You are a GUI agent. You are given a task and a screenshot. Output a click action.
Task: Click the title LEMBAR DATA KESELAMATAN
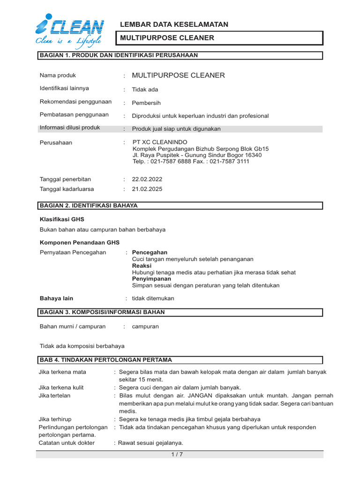click(x=174, y=24)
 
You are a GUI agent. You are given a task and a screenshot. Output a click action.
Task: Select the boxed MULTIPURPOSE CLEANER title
click(x=167, y=38)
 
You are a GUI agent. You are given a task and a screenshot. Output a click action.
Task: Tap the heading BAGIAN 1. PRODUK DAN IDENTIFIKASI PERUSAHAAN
click(x=119, y=55)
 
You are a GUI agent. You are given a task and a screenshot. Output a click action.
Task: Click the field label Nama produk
click(x=58, y=75)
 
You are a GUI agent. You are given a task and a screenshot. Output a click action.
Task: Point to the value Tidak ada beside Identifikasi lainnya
click(x=145, y=90)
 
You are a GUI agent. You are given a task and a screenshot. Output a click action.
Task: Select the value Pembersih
click(x=146, y=103)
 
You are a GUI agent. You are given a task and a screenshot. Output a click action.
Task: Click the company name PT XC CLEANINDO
click(x=160, y=142)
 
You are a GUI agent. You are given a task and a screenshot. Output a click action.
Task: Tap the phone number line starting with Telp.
click(x=191, y=162)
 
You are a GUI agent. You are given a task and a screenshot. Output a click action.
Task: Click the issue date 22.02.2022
click(x=147, y=179)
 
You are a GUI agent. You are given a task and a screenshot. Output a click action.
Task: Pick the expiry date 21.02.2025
click(x=147, y=189)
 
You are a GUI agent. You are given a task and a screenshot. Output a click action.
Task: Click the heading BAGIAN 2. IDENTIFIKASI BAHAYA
click(x=89, y=205)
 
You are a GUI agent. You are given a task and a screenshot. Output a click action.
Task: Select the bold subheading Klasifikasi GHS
click(x=62, y=219)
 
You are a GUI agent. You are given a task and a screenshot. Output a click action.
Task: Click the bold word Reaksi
click(x=142, y=265)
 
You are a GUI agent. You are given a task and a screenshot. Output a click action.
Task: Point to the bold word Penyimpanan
click(x=151, y=278)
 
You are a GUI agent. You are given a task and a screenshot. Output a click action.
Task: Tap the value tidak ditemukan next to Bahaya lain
click(x=153, y=298)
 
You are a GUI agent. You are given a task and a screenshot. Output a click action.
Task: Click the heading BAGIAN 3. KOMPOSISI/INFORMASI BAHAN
click(x=102, y=312)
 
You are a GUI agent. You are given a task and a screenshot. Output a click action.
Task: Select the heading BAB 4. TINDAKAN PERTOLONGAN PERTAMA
click(x=106, y=360)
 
